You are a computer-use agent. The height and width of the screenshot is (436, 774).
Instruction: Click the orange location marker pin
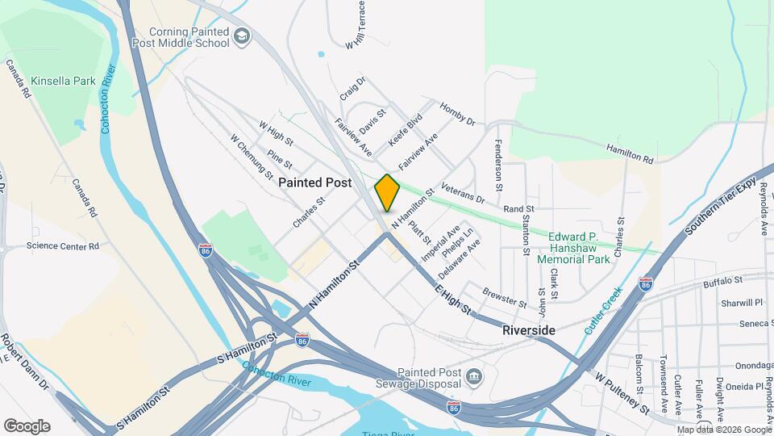pos(387,192)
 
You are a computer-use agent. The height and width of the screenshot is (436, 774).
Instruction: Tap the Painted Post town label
pos(315,183)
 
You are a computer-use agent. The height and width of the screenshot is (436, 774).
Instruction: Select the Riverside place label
pos(528,331)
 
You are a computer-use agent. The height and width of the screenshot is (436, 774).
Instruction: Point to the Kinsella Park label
pos(63,82)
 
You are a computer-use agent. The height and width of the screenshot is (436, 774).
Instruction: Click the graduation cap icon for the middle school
pos(242,36)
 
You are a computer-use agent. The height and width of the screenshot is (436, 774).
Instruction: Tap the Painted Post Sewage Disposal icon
pos(473,375)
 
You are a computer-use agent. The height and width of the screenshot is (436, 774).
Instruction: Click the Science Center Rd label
pos(62,245)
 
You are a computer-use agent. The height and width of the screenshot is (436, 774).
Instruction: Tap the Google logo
pos(27,426)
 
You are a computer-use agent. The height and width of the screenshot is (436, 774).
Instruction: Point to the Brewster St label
pos(504,298)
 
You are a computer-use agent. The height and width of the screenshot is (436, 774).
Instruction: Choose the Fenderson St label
pos(499,161)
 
